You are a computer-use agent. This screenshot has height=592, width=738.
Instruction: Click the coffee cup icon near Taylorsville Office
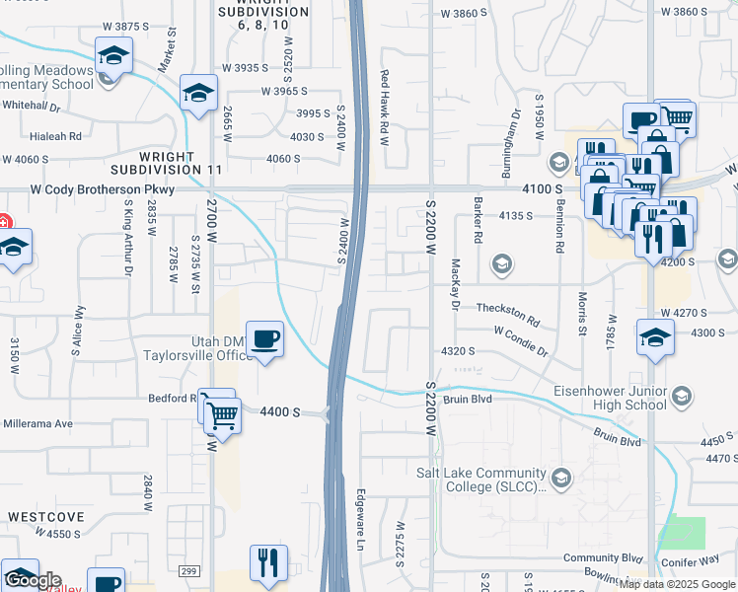(x=264, y=339)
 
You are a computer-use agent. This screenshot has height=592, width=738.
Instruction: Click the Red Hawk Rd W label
(x=385, y=108)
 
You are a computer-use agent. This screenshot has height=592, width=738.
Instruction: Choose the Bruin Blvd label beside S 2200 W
(x=468, y=400)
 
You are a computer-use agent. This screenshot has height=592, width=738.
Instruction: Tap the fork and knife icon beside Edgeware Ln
(x=268, y=563)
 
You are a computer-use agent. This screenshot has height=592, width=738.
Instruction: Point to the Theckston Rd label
(x=508, y=315)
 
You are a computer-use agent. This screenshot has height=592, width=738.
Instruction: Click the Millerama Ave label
(x=37, y=423)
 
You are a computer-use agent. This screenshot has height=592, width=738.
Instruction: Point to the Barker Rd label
(x=477, y=225)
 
